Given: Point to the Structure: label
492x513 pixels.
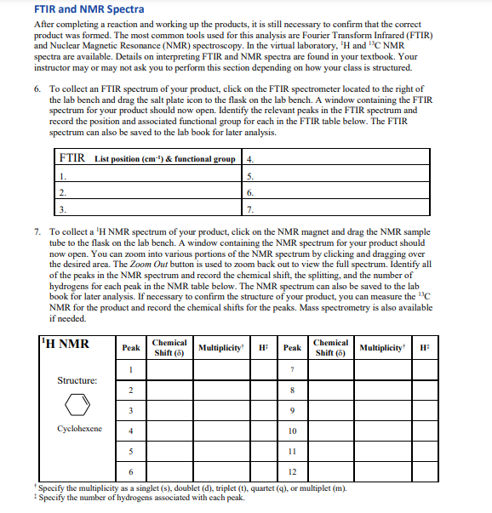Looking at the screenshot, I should coord(77,380).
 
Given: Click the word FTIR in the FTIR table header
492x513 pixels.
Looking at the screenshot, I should coord(73,158).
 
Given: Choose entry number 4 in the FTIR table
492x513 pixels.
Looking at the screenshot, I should coord(249,159).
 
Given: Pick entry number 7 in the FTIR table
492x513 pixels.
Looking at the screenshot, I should coord(249,209).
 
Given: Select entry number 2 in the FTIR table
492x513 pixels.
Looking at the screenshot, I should coord(62,192).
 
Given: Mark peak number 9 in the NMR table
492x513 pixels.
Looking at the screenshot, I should coord(292,410).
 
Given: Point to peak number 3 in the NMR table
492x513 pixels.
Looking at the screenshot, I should coord(131,410).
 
